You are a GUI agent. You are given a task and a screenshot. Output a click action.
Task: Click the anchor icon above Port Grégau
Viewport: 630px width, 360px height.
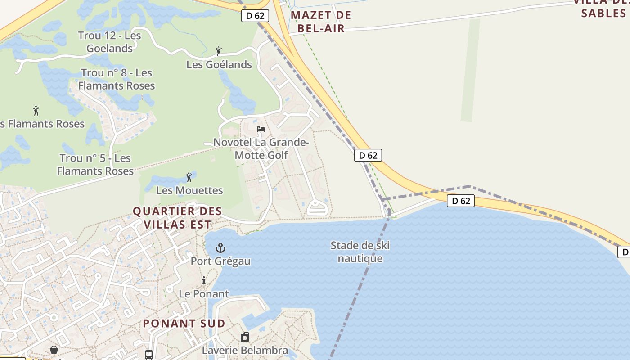point(220,248)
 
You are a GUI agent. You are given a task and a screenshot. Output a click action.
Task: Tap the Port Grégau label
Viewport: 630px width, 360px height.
point(220,261)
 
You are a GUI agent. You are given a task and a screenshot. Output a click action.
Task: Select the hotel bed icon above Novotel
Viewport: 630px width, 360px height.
point(261,130)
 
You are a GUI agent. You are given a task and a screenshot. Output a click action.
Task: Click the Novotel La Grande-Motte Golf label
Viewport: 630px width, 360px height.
point(261,149)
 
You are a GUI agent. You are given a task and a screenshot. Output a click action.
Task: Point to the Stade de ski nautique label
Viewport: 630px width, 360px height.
point(360,252)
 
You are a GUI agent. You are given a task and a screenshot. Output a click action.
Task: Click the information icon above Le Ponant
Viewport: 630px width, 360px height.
point(203,281)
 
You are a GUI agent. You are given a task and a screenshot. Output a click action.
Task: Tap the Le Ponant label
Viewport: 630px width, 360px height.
point(204,294)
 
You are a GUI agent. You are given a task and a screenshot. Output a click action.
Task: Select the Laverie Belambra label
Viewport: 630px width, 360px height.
point(245,350)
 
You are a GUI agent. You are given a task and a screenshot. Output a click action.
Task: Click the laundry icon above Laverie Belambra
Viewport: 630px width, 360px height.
point(245,337)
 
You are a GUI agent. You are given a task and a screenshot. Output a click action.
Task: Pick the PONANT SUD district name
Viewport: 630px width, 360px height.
point(184,323)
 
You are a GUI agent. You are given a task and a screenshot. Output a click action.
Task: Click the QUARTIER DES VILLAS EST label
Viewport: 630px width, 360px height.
point(177,218)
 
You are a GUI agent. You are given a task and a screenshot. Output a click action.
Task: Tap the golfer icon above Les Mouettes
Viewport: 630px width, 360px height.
point(189,177)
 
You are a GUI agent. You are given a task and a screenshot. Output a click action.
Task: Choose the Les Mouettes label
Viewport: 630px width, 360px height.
point(189,190)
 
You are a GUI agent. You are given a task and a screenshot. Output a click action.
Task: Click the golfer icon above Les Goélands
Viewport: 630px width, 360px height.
point(219,51)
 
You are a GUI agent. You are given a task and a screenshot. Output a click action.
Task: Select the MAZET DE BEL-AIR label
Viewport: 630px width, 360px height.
point(321,22)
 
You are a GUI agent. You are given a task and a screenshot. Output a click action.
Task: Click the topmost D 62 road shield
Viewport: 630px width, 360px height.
point(255,16)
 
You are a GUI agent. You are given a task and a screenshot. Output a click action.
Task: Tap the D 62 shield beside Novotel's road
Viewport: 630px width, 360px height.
point(368,156)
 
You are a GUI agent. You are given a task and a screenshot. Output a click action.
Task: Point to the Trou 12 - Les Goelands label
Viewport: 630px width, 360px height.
point(109,42)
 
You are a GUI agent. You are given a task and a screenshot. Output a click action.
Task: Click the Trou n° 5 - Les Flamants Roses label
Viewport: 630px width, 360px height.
point(95,165)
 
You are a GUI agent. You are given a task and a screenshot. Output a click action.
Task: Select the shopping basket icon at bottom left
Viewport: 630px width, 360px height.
point(54,350)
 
